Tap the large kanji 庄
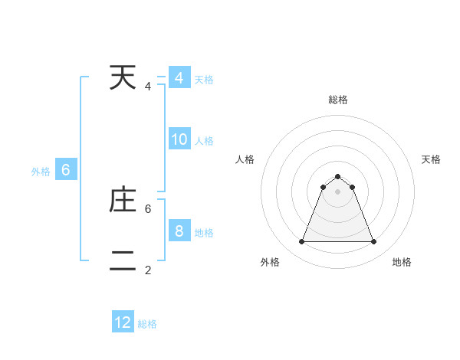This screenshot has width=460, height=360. pyautogui.click(x=123, y=200)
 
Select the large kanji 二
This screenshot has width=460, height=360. pyautogui.click(x=123, y=261)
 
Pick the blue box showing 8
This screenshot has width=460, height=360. pyautogui.click(x=179, y=231)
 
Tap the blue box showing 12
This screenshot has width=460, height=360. pyautogui.click(x=123, y=322)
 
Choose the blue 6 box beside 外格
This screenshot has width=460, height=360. pyautogui.click(x=66, y=170)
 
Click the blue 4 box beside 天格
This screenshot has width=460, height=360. pyautogui.click(x=179, y=77)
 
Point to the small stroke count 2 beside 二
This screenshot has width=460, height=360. pyautogui.click(x=148, y=270)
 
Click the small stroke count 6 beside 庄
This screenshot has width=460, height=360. pyautogui.click(x=148, y=208)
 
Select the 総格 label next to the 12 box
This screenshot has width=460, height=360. pyautogui.click(x=147, y=324)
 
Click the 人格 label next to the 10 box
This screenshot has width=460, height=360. pyautogui.click(x=204, y=141)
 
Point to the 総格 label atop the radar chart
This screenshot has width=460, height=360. pyautogui.click(x=337, y=100)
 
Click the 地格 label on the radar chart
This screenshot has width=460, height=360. pyautogui.click(x=402, y=262)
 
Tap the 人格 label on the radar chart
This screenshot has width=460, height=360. pyautogui.click(x=245, y=159)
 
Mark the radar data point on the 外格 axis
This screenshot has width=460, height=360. pyautogui.click(x=301, y=241)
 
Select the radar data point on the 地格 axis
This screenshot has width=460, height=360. pyautogui.click(x=373, y=241)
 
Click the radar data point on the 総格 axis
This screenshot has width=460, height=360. pyautogui.click(x=337, y=177)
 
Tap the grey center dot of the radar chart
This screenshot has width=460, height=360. pyautogui.click(x=337, y=191)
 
